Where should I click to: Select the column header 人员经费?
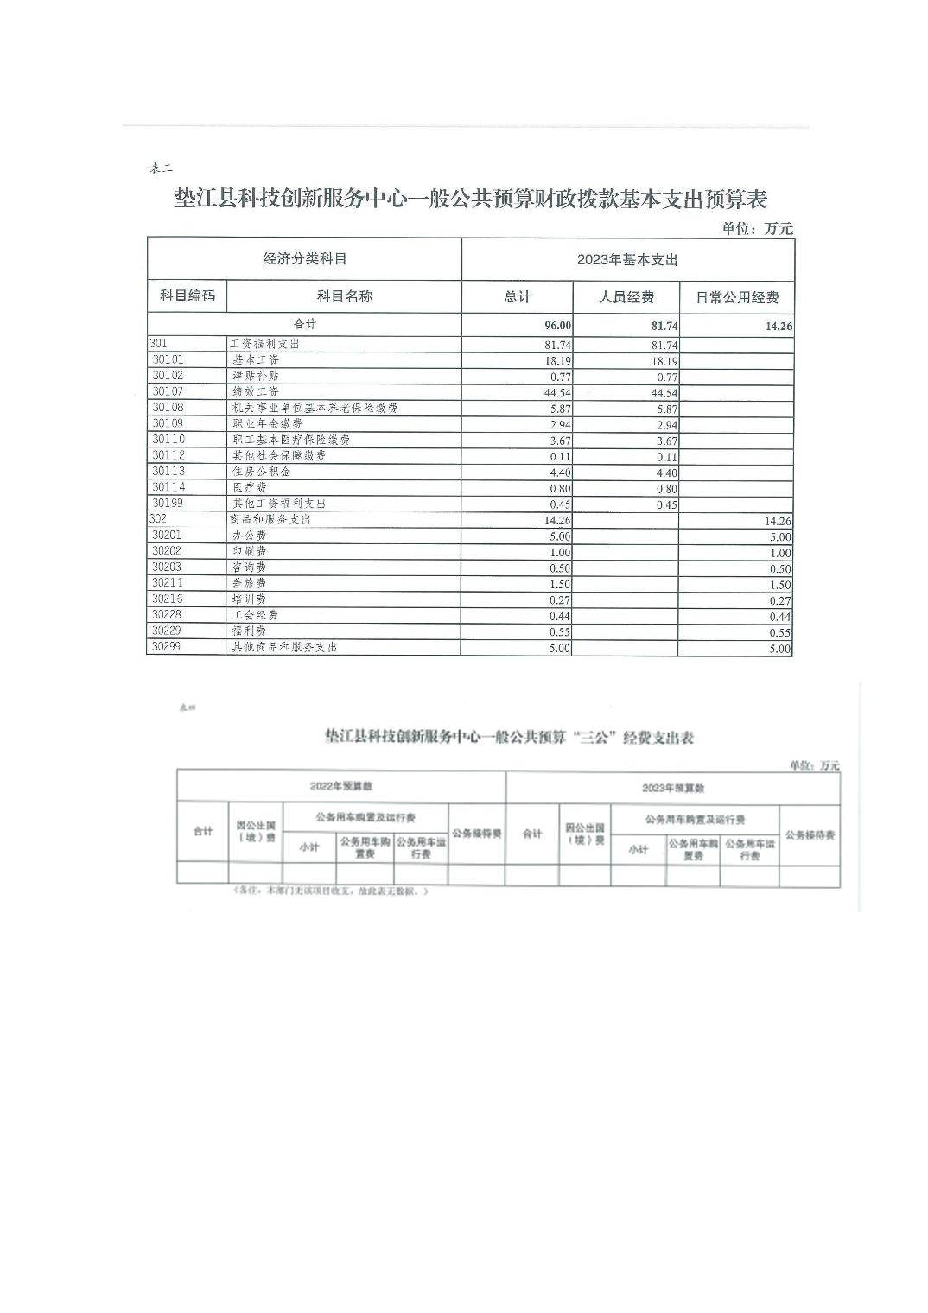coord(626,297)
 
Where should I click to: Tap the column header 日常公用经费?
coord(737,297)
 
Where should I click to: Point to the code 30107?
coord(168,391)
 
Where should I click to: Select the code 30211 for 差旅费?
coord(168,583)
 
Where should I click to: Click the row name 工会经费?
coord(255,615)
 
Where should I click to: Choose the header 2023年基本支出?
coord(627,259)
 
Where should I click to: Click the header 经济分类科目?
coord(304,258)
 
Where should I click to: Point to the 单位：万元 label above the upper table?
coord(757,229)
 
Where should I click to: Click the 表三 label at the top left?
coord(161,168)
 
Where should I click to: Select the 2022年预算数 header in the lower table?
coord(340,787)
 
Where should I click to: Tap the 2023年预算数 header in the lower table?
coord(673,788)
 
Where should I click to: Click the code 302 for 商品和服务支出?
coord(158,519)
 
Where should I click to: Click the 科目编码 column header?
coord(187,295)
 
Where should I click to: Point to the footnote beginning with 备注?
coord(330,891)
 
